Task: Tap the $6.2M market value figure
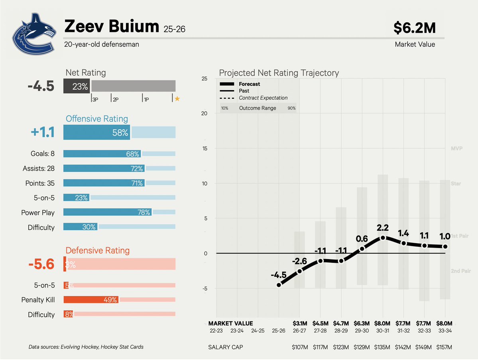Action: tap(414, 28)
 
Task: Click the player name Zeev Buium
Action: tap(112, 27)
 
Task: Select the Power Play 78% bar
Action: tap(107, 212)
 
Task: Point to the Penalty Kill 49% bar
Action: tap(91, 299)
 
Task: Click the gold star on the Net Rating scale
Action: tap(177, 99)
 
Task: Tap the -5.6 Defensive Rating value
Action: tap(41, 264)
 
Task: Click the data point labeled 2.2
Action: tap(383, 238)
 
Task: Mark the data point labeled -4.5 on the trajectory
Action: tap(279, 285)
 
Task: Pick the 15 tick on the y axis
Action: tap(204, 148)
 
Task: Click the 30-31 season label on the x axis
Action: tap(383, 330)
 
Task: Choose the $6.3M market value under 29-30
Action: tap(362, 323)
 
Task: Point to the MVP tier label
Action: tap(456, 148)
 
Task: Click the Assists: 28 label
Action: tap(39, 169)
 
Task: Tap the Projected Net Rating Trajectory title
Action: tap(279, 73)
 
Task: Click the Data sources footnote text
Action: tap(86, 347)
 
